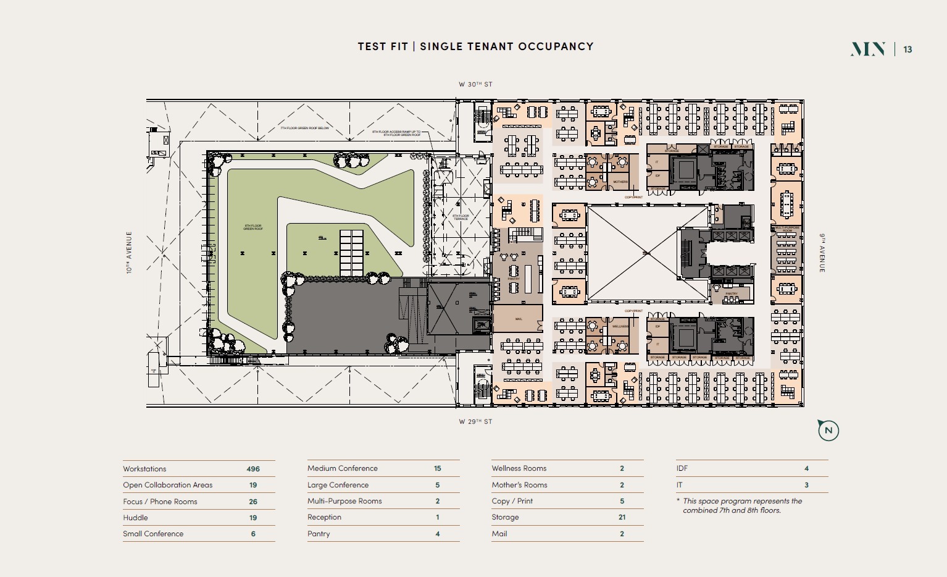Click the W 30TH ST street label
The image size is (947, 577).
pos(475,85)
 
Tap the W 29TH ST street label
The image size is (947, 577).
pos(475,422)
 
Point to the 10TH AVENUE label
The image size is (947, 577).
pos(129,253)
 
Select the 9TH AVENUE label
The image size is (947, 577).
pos(822,253)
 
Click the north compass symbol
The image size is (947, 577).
pos(828,431)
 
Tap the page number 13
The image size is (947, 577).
pos(907,49)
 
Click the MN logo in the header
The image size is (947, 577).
pos(868,49)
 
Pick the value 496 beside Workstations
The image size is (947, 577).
pos(253,469)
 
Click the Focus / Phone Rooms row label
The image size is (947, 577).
pos(160,502)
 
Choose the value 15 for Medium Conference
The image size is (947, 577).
pos(437,468)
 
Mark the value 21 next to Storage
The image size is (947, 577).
pos(622,517)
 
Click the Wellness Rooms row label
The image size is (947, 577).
pos(519,468)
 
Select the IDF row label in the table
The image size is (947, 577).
pos(682,468)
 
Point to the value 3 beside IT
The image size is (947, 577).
pos(806,485)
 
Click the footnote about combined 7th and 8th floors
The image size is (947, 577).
pos(741,505)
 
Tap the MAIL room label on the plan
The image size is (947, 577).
pos(519,319)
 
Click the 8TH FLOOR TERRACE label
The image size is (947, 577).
pos(461,217)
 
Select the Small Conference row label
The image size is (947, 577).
pos(153,534)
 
